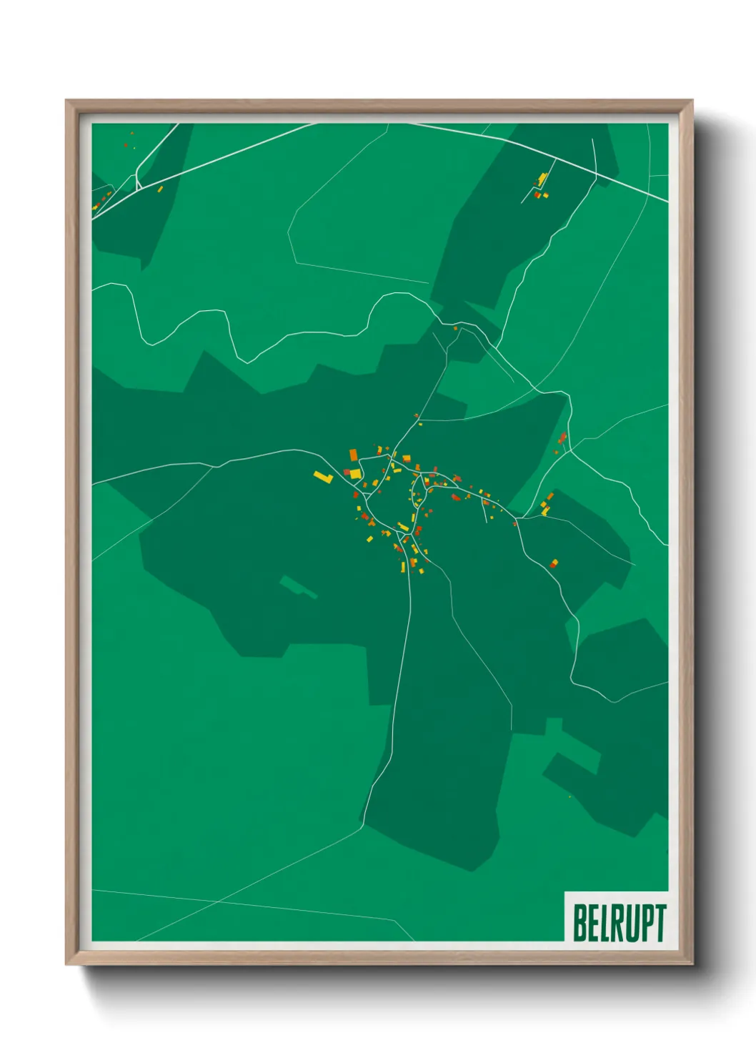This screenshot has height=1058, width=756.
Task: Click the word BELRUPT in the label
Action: pyautogui.click(x=619, y=922)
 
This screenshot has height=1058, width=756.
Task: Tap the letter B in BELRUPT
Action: pyautogui.click(x=580, y=922)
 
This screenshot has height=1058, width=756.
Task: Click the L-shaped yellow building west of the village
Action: pyautogui.click(x=323, y=475)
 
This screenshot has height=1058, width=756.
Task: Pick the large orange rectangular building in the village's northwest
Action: pyautogui.click(x=353, y=455)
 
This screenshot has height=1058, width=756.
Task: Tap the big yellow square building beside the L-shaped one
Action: pyautogui.click(x=355, y=473)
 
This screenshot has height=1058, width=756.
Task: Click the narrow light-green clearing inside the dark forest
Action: pyautogui.click(x=299, y=587)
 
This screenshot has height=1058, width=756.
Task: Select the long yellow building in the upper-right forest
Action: pyautogui.click(x=542, y=178)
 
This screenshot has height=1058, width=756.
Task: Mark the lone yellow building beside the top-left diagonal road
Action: pyautogui.click(x=160, y=189)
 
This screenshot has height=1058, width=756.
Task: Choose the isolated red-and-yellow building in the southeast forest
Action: pyautogui.click(x=554, y=564)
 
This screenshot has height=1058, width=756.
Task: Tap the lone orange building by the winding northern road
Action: pyautogui.click(x=455, y=328)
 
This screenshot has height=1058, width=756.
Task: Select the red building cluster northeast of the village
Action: pyautogui.click(x=562, y=437)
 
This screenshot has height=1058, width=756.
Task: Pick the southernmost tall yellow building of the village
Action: pyautogui.click(x=403, y=568)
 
